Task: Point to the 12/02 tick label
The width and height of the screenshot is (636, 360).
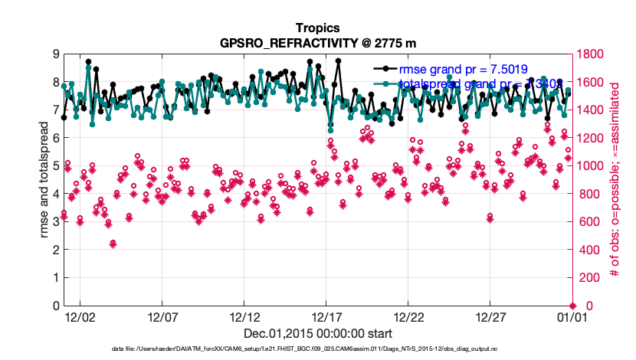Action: pos(80,316)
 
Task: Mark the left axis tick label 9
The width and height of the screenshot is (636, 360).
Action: pos(54,54)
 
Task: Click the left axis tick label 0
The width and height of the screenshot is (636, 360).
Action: pos(54,306)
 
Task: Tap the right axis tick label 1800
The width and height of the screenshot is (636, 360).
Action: pos(592,54)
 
